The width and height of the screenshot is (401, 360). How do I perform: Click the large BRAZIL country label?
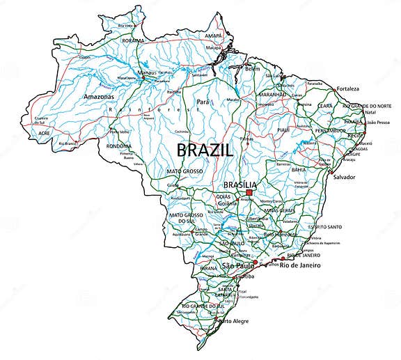pyautogui.click(x=205, y=149)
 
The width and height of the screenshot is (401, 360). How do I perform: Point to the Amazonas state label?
pyautogui.click(x=98, y=96)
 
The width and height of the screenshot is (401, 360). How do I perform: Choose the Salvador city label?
pyautogui.click(x=343, y=177)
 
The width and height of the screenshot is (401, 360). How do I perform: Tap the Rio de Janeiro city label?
pyautogui.click(x=304, y=265)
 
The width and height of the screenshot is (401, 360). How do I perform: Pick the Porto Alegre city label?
pyautogui.click(x=233, y=322)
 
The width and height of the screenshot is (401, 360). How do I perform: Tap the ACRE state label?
pyautogui.click(x=45, y=132)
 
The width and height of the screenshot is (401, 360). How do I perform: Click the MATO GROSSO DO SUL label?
pyautogui.click(x=187, y=218)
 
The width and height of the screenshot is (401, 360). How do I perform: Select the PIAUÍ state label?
pyautogui.click(x=283, y=130)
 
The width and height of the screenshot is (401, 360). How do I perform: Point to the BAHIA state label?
pyautogui.click(x=299, y=169)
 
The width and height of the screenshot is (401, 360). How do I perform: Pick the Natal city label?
pyautogui.click(x=370, y=111)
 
